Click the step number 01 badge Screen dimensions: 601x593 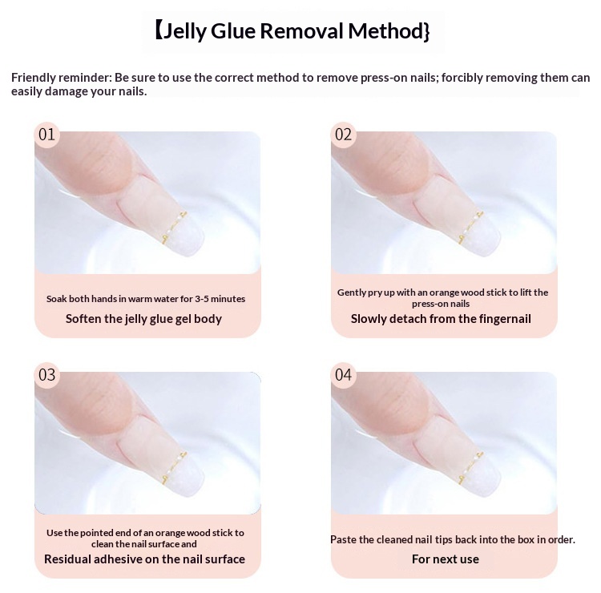coord(47,135)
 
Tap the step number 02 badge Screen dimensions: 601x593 coord(344,135)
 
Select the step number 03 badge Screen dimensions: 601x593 coord(47,375)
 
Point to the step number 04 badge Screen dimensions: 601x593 coord(344,375)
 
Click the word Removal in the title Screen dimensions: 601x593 coord(301,31)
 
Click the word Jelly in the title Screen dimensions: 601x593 coord(185,32)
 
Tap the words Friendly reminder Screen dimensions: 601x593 coord(61,78)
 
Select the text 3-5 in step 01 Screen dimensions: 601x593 coord(202,299)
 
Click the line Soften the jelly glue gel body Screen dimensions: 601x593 coord(143,319)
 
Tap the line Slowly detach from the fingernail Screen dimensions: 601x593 coord(441,319)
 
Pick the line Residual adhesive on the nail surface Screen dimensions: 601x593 coord(144,559)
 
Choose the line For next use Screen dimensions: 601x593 coord(446,559)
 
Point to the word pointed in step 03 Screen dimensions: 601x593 coord(91,533)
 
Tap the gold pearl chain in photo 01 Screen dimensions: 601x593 coord(173,228)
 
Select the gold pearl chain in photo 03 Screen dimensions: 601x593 coord(173,469)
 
